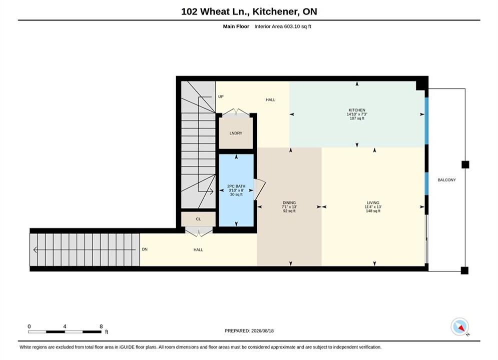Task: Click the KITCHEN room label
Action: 357,110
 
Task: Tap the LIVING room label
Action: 373,202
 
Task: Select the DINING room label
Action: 289,202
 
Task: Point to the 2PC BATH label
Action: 236,186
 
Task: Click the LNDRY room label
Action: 236,133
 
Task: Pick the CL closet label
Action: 198,219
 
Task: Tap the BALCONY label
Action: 446,180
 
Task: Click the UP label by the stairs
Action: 221,96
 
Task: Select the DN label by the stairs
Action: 145,249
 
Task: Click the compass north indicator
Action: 460,326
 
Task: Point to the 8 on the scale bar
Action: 101,326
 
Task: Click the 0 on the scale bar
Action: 29,326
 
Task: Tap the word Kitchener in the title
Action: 275,11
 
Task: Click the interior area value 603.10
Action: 292,26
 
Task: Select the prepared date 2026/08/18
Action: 262,331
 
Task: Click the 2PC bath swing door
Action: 259,189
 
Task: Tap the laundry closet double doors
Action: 236,112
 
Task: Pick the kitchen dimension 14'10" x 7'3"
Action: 357,114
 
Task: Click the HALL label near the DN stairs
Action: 198,249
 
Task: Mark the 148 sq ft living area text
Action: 373,211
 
